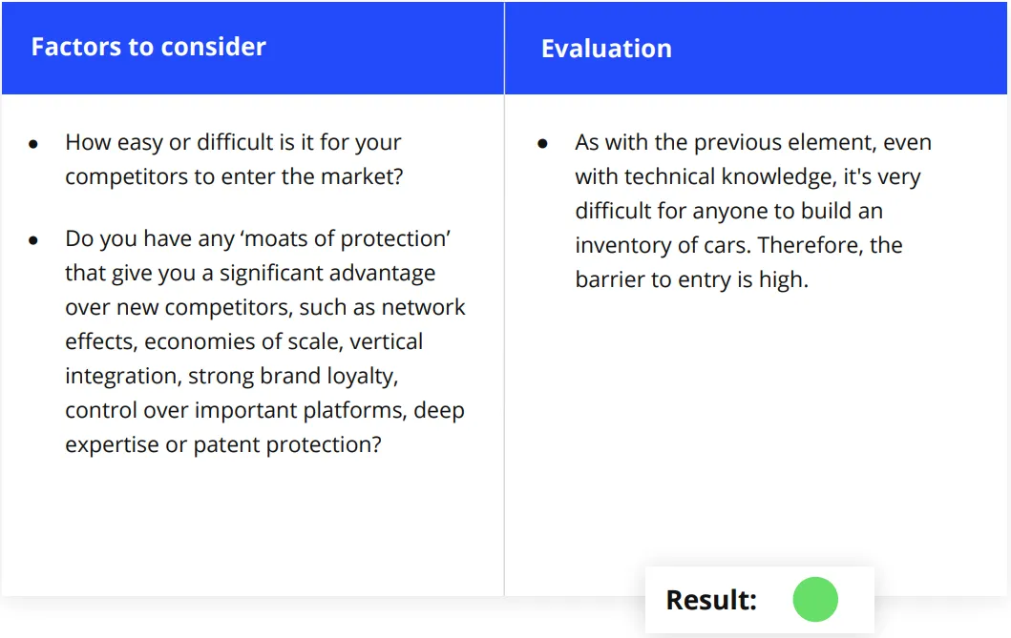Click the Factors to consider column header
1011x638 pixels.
pyautogui.click(x=148, y=47)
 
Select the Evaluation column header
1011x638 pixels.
pyautogui.click(x=606, y=49)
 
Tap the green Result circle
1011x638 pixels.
pyautogui.click(x=815, y=599)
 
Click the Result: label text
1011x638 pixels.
pyautogui.click(x=711, y=600)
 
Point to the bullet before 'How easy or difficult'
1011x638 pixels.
pyautogui.click(x=33, y=144)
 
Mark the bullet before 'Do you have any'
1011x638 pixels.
pyautogui.click(x=33, y=240)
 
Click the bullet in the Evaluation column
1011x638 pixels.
pyautogui.click(x=542, y=144)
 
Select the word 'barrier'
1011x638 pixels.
pyautogui.click(x=609, y=279)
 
